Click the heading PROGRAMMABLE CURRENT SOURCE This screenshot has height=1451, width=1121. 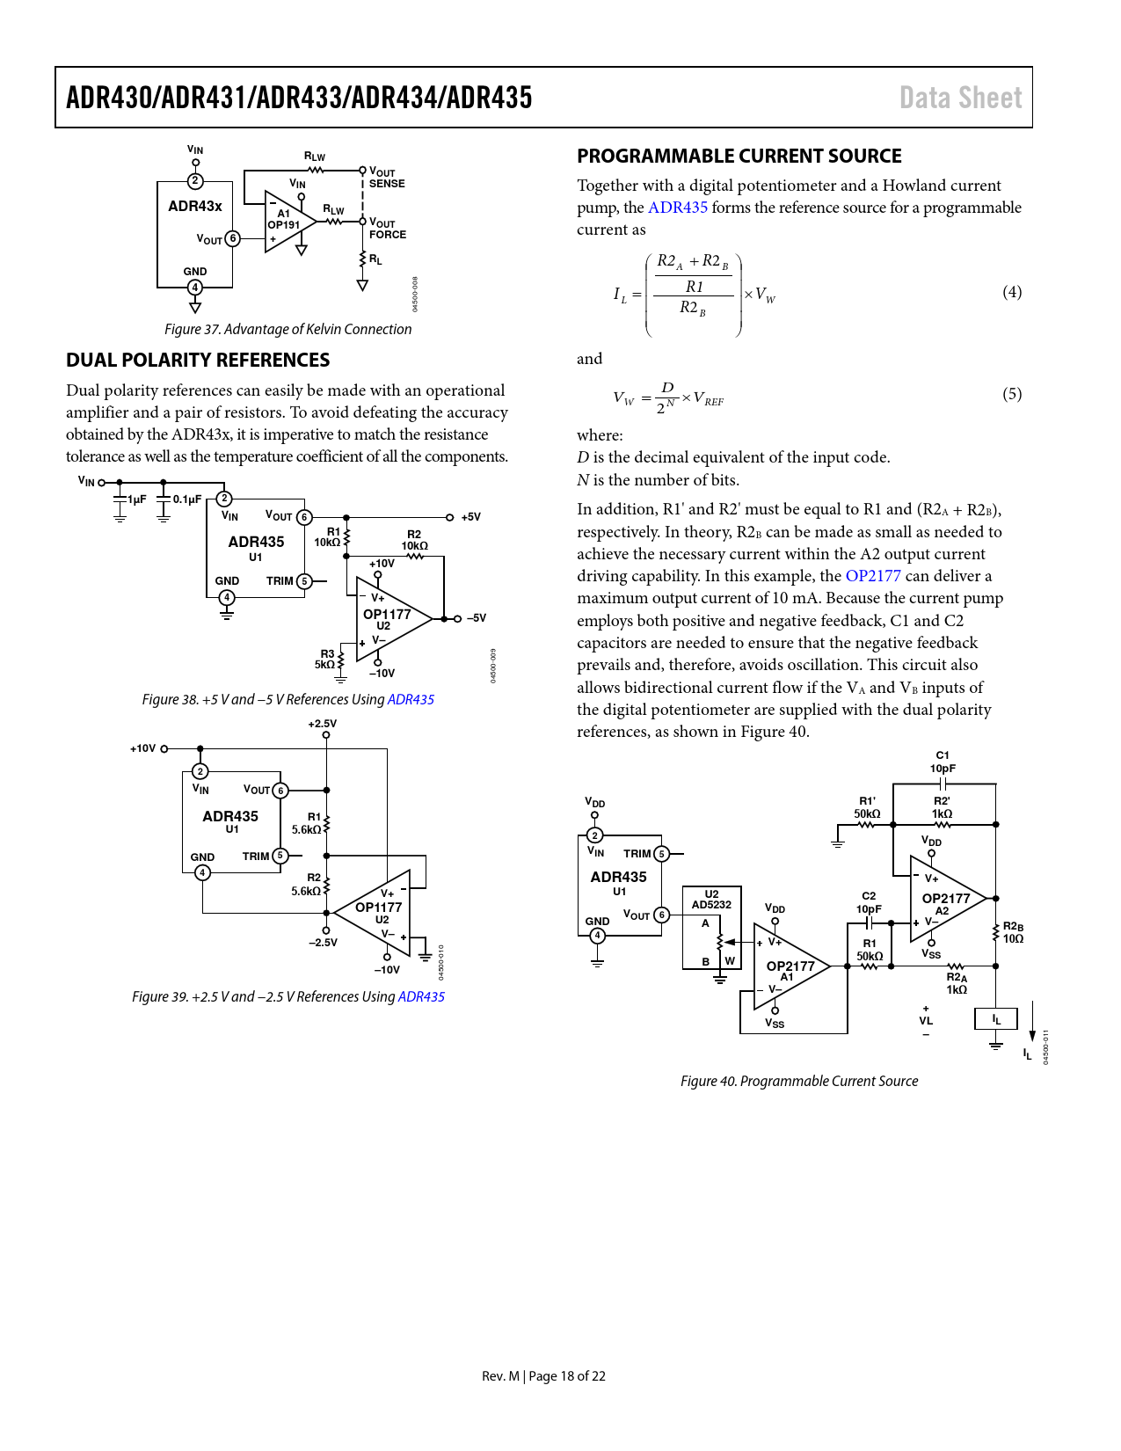(739, 157)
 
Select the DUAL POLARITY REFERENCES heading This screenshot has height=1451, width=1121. (198, 360)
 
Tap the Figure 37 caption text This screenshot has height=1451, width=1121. (288, 329)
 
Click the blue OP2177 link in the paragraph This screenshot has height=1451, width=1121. (873, 576)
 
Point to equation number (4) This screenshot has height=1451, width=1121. (1011, 292)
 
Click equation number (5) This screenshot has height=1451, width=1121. (1011, 394)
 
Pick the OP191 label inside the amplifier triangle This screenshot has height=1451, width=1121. (283, 225)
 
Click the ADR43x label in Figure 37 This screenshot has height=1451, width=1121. (195, 206)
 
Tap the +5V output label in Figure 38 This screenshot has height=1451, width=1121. (470, 517)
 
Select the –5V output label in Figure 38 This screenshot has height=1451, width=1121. (476, 617)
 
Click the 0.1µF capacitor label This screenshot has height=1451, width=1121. (187, 499)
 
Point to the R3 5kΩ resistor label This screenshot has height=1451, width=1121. (325, 659)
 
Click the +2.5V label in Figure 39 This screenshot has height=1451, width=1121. (323, 724)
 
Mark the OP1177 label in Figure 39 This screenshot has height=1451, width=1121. (379, 907)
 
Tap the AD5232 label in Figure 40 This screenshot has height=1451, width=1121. (711, 905)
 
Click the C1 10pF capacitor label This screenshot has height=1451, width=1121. (942, 762)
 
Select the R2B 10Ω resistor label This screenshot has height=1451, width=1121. (1013, 932)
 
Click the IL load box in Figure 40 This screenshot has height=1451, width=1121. (995, 1019)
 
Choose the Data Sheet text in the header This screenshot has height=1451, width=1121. (960, 98)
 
